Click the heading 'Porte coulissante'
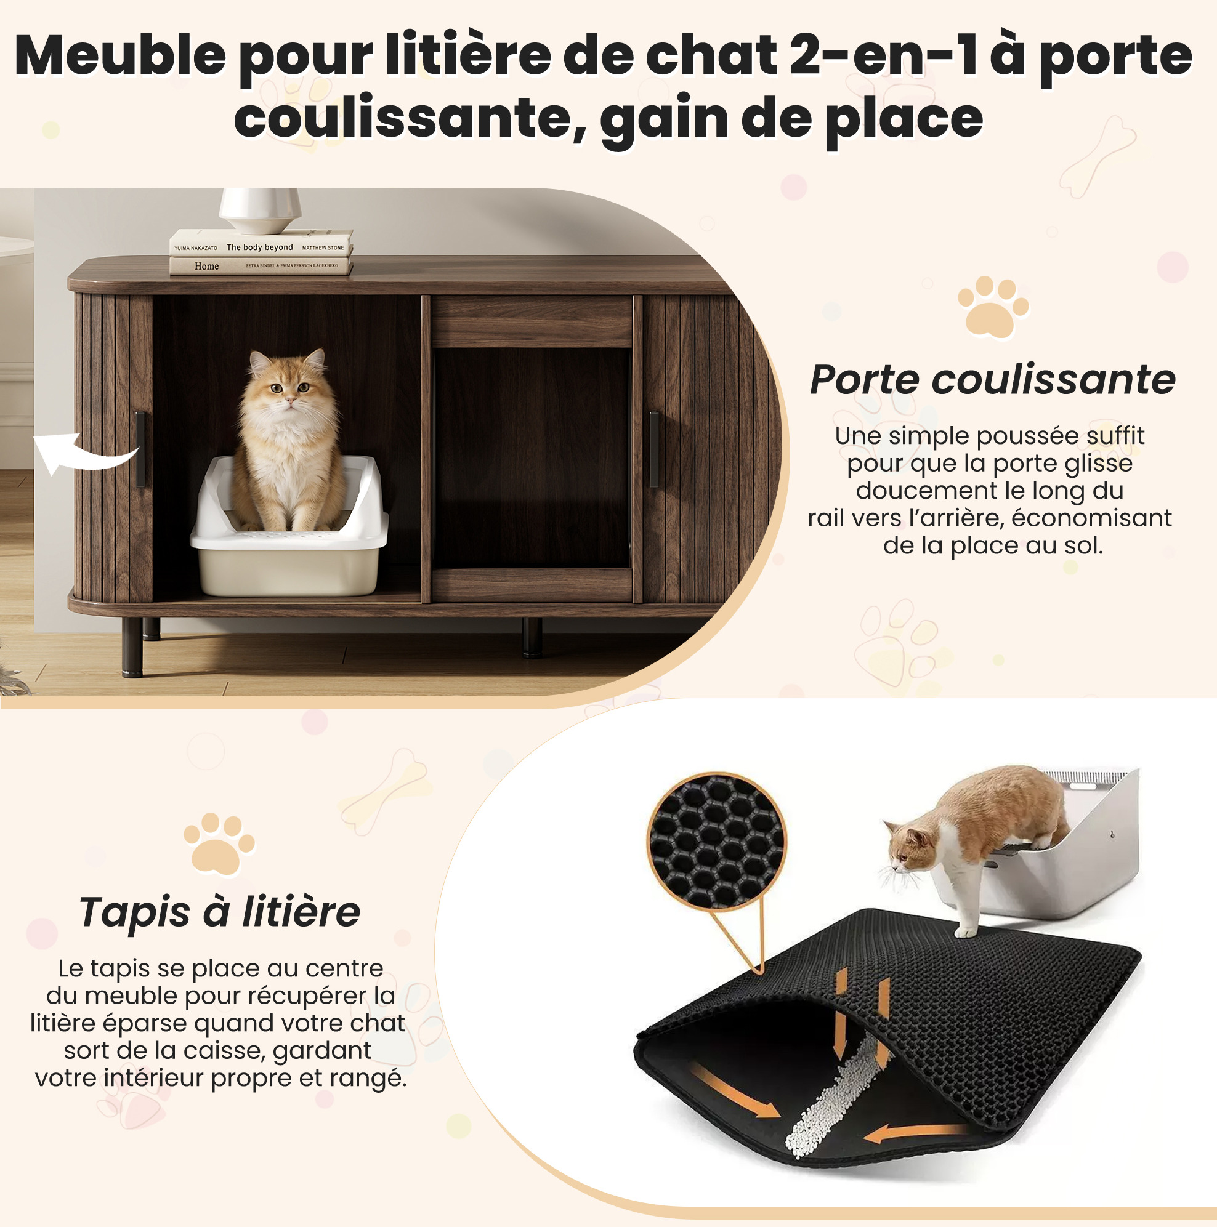tap(993, 380)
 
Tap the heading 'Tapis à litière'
tap(220, 912)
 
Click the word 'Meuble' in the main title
tap(120, 56)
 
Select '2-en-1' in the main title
tap(883, 56)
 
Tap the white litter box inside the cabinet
tap(289, 528)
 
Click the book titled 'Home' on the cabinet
tap(261, 265)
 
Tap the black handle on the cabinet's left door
tap(140, 449)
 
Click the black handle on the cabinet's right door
tap(653, 449)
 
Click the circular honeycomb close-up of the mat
tap(716, 842)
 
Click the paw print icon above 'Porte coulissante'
tap(993, 307)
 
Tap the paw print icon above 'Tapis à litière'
tap(219, 844)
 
